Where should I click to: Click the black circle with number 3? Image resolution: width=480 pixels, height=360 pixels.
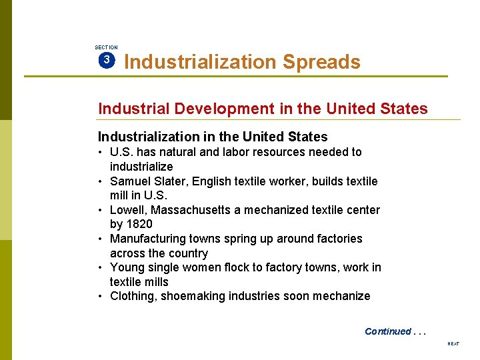pyautogui.click(x=107, y=61)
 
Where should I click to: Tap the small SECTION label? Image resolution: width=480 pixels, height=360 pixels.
pyautogui.click(x=106, y=47)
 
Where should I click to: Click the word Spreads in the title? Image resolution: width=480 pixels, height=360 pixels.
pyautogui.click(x=321, y=62)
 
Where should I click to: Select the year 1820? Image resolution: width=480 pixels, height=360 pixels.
pyautogui.click(x=140, y=224)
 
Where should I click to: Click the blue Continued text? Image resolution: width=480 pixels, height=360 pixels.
pyautogui.click(x=388, y=331)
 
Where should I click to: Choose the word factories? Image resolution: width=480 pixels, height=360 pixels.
pyautogui.click(x=339, y=239)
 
